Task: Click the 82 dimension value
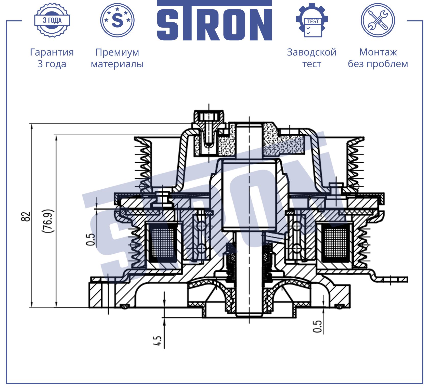(x=26, y=216)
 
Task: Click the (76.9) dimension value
(x=48, y=221)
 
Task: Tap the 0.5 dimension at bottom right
(x=318, y=327)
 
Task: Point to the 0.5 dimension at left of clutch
(x=90, y=239)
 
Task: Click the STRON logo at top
(x=214, y=21)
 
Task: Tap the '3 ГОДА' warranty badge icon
(x=52, y=20)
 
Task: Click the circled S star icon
(x=117, y=20)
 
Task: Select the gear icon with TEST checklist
(x=312, y=20)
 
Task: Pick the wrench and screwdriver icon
(x=378, y=20)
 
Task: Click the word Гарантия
(x=52, y=52)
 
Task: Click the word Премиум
(x=117, y=52)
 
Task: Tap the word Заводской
(x=311, y=52)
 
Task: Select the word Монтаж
(x=378, y=52)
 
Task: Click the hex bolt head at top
(x=209, y=116)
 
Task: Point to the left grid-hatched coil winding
(x=163, y=242)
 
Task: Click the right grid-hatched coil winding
(x=336, y=242)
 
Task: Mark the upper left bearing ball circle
(x=201, y=226)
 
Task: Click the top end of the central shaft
(x=249, y=126)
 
